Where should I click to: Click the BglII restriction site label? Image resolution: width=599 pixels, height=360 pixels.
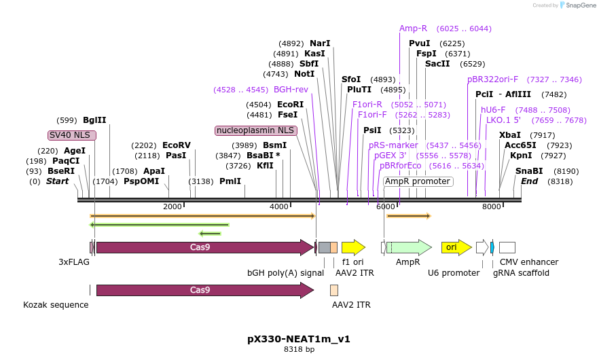pos(94,120)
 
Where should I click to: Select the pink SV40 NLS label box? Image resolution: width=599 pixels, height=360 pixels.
pos(72,135)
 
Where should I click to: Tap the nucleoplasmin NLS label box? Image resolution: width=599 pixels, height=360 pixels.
pos(255,130)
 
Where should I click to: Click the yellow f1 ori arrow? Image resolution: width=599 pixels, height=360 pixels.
pos(352,247)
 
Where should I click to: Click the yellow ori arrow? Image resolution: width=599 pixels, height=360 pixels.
pos(456,247)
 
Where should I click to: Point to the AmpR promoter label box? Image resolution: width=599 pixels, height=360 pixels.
pos(418,181)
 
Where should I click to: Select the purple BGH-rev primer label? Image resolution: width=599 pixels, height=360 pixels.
pos(291,89)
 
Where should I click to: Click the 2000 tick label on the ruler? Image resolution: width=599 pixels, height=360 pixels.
pos(173,206)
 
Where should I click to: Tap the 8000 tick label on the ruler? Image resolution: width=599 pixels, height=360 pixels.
pos(491,206)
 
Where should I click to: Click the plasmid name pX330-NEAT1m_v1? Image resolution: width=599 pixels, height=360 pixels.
pos(299,338)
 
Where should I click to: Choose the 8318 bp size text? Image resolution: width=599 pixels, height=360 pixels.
pos(299,350)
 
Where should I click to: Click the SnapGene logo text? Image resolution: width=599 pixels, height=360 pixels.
pos(582,5)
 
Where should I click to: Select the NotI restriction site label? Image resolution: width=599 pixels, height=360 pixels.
pos(304,74)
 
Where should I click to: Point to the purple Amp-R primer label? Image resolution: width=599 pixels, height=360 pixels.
pos(413,29)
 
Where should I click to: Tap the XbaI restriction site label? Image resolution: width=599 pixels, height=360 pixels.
pos(510,135)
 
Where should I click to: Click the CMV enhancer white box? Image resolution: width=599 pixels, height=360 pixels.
pos(507,247)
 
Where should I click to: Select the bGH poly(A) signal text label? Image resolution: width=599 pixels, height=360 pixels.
pos(285,272)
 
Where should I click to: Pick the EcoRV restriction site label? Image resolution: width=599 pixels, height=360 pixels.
pos(177,145)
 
